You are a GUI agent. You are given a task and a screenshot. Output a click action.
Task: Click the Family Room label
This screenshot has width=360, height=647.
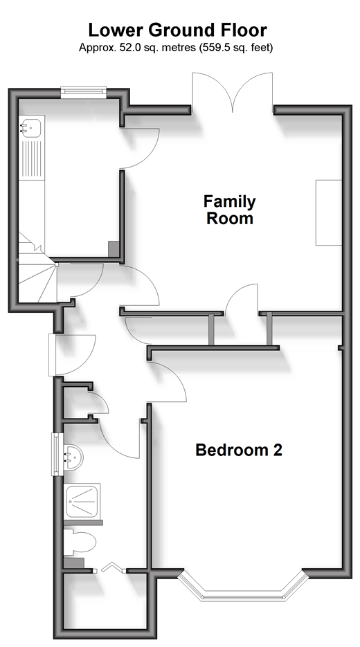point(230,210)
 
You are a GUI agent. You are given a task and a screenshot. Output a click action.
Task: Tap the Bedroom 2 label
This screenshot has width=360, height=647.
point(239,450)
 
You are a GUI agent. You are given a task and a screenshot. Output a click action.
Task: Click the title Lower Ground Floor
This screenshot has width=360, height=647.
point(177,30)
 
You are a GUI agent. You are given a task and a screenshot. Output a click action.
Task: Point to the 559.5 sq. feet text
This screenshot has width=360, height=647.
point(236,48)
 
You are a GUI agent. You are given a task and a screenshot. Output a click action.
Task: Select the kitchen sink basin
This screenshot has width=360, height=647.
point(30,128)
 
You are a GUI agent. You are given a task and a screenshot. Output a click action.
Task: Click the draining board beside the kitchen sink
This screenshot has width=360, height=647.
point(32,160)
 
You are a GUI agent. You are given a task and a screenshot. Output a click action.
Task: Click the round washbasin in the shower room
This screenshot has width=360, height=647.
point(73,457)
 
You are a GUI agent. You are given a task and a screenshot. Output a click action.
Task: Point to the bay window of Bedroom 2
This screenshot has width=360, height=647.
point(244,586)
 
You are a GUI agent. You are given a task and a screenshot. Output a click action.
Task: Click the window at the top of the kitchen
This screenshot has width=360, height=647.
point(84,92)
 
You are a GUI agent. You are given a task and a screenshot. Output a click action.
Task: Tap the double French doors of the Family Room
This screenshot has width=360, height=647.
point(233,91)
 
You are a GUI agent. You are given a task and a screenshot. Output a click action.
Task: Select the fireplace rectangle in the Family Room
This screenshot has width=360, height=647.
point(329,213)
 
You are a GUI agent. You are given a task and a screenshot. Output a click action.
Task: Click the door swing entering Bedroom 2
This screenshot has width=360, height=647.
point(168,381)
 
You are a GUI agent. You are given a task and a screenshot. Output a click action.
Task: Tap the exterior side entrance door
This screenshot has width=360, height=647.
point(72,355)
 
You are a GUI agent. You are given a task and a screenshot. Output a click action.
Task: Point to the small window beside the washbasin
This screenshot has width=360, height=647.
point(56,454)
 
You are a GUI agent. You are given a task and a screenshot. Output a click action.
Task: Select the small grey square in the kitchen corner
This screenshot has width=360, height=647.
point(113,249)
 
